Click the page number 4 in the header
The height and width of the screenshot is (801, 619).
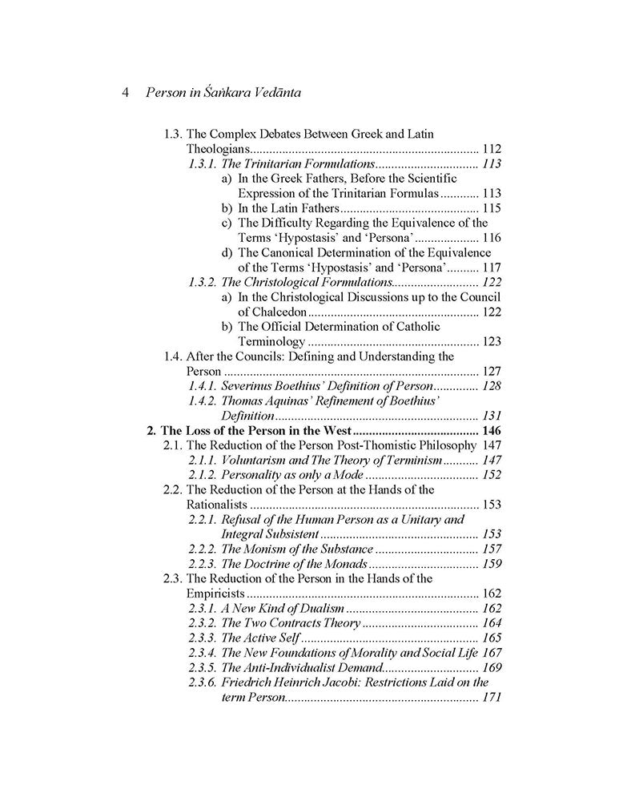click(x=126, y=92)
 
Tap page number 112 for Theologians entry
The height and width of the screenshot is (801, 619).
click(x=491, y=149)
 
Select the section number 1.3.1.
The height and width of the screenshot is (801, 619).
click(x=202, y=163)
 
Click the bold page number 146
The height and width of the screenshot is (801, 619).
click(x=490, y=430)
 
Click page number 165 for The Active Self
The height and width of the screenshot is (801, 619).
click(x=492, y=638)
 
